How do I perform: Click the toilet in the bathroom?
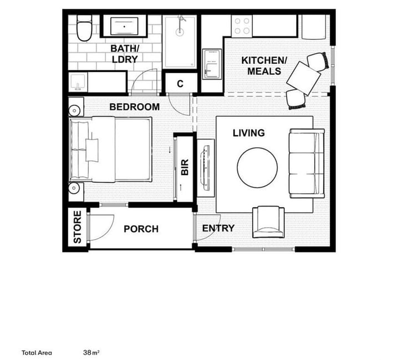[84, 28]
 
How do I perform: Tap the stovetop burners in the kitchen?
[242, 26]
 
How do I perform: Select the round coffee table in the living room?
[257, 167]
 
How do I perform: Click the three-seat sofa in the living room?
[307, 163]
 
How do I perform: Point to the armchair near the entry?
[268, 222]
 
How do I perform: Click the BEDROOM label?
[135, 107]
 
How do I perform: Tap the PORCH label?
[141, 229]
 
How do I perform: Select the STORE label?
[78, 227]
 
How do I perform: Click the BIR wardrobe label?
[185, 167]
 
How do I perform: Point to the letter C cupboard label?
[180, 84]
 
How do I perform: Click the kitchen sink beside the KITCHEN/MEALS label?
[212, 64]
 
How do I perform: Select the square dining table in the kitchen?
[304, 78]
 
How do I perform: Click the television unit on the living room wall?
[206, 168]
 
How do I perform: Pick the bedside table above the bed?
[76, 107]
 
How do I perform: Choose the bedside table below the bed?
[76, 192]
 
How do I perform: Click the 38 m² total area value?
[91, 353]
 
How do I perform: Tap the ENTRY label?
[218, 228]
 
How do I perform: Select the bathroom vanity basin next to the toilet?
[124, 27]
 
